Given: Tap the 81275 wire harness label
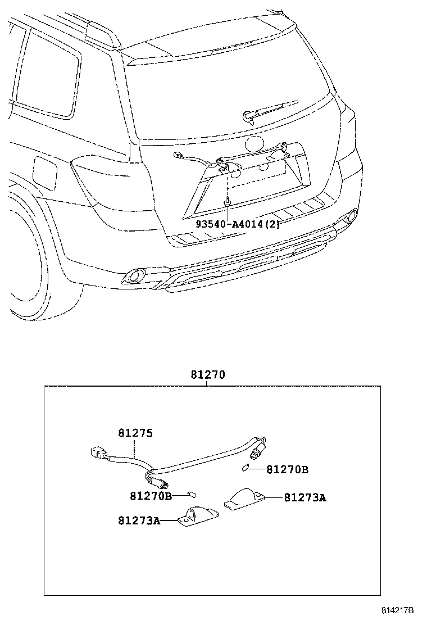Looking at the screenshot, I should coord(135,433).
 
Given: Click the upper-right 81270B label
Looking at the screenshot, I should coord(287,469).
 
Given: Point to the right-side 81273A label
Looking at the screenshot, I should coord(305,497).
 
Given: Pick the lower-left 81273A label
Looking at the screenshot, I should coord(139,521).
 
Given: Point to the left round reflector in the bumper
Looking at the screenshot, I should coord(135,275).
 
